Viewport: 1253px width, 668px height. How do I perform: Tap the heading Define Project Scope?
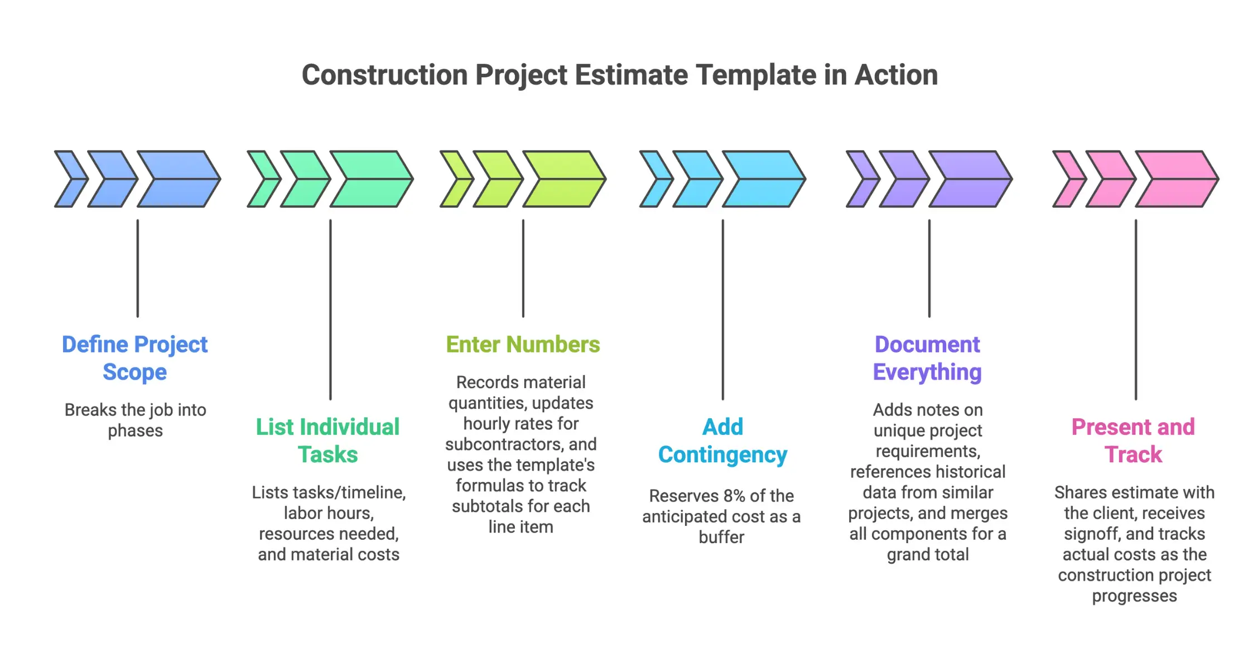(134, 358)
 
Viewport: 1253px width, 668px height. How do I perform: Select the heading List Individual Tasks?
(328, 441)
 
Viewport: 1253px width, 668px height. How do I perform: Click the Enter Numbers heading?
(523, 345)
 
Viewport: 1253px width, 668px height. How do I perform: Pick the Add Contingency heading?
(722, 441)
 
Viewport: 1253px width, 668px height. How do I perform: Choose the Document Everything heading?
(927, 358)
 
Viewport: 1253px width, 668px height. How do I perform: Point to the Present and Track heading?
(1134, 441)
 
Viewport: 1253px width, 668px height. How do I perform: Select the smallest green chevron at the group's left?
(263, 179)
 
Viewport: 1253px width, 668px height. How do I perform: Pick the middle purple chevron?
(904, 179)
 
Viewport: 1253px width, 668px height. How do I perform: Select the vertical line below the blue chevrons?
(138, 268)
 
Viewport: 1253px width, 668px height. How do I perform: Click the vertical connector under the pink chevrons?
(1136, 309)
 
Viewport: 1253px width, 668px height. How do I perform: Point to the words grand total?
(928, 555)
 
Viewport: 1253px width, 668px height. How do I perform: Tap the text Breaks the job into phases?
(135, 420)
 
